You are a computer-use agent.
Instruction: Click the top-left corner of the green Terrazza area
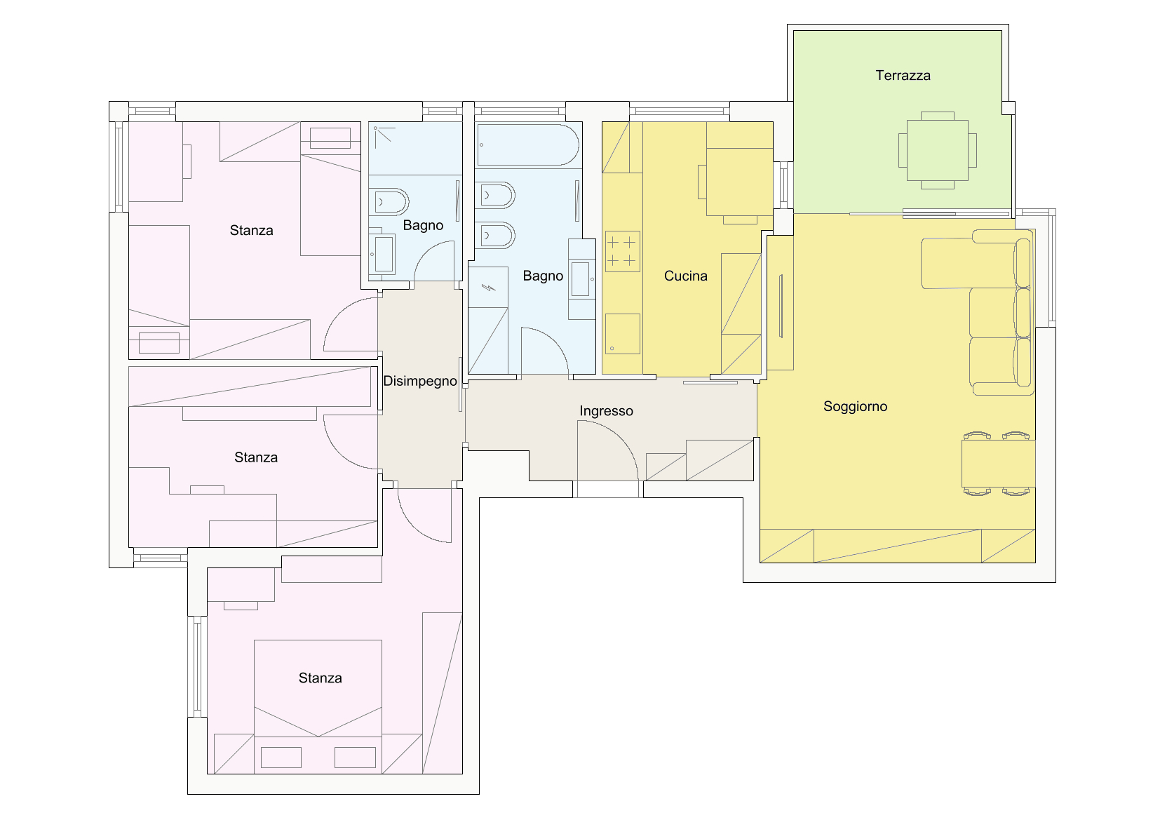click(x=794, y=31)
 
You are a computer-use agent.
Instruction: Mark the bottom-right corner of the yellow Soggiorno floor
click(x=1035, y=563)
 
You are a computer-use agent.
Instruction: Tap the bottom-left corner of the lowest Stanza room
click(x=208, y=774)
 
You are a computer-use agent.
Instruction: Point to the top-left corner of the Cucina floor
click(x=602, y=122)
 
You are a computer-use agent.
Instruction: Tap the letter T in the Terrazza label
click(x=879, y=76)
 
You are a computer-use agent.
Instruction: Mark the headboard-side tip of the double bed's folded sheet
click(x=318, y=736)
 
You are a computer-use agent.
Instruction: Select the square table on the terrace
click(x=937, y=150)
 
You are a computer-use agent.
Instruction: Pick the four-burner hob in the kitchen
click(x=623, y=251)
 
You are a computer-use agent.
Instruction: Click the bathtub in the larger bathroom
click(x=527, y=144)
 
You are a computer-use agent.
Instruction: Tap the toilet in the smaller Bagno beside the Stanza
click(x=389, y=202)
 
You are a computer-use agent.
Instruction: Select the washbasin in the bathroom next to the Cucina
click(x=581, y=279)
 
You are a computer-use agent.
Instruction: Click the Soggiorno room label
click(x=856, y=407)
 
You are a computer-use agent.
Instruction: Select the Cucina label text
click(x=686, y=276)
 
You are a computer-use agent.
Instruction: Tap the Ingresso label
click(x=607, y=411)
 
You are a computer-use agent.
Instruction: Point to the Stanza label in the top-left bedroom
click(x=252, y=231)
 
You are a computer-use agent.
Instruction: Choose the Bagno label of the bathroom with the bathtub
click(x=543, y=276)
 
